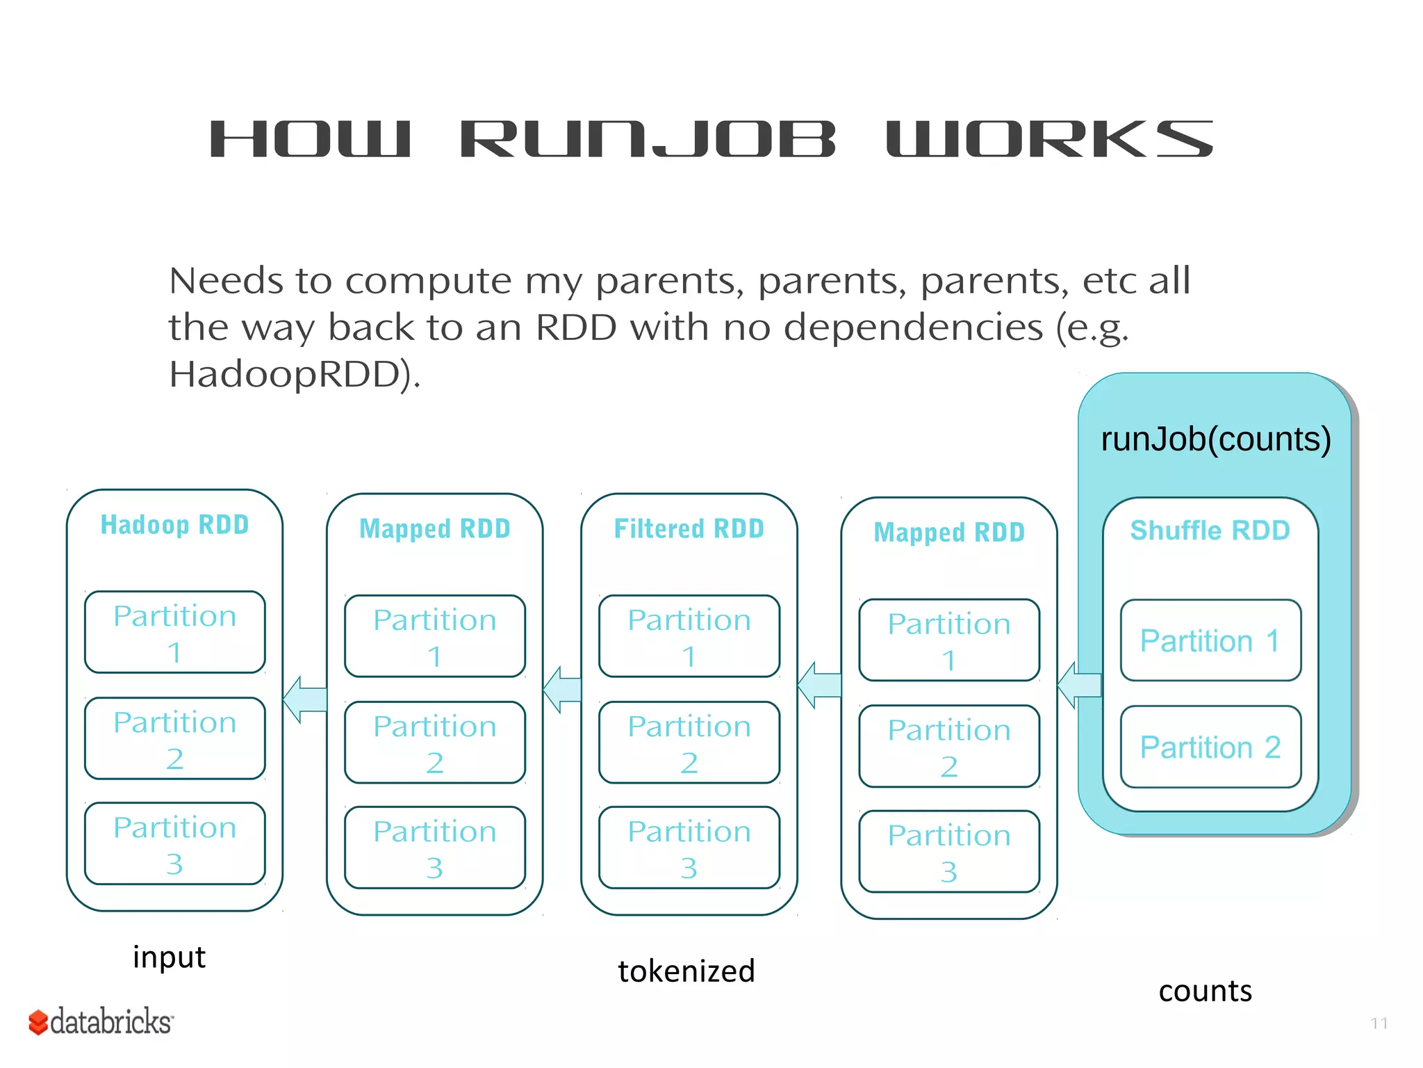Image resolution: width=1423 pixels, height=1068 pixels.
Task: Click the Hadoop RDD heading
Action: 174,525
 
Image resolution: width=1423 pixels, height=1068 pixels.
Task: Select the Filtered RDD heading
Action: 689,529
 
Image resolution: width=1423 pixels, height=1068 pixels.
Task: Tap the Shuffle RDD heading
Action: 1210,531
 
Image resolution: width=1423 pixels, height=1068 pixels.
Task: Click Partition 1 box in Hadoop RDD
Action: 174,632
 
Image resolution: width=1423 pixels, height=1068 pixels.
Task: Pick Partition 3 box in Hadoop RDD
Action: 174,843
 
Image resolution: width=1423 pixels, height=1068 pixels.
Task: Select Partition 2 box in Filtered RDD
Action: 689,742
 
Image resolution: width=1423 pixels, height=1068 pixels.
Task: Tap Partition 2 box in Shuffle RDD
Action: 1210,747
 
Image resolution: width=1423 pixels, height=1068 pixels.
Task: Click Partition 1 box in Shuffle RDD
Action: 1210,640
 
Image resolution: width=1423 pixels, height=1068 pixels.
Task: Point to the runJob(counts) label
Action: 1215,439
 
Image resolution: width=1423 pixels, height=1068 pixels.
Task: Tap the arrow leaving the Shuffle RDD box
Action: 1078,685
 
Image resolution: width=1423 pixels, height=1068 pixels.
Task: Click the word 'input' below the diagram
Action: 169,957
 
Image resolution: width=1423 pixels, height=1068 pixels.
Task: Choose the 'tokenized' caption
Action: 686,971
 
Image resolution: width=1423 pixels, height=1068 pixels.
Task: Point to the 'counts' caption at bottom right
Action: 1205,991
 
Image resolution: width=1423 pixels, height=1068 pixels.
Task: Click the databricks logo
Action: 101,1021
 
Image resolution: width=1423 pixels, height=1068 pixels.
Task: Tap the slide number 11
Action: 1379,1023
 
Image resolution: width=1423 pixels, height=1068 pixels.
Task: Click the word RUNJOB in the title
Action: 648,139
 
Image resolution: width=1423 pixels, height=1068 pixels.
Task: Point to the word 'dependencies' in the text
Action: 913,327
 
